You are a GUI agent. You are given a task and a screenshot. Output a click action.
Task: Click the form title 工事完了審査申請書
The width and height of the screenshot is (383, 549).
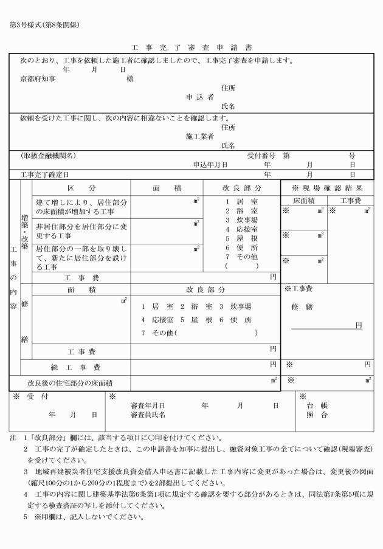(192, 47)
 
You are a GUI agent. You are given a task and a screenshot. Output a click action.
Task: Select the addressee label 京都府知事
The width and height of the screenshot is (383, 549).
(37, 79)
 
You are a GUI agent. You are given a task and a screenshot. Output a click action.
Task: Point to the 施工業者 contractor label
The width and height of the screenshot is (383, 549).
(199, 137)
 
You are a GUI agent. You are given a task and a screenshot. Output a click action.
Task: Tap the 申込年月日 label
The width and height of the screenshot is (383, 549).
(210, 165)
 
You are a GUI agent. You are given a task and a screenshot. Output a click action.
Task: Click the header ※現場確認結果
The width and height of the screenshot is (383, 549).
(327, 188)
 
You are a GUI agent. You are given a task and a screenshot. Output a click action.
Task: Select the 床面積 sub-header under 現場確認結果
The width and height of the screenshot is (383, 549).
(303, 200)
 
